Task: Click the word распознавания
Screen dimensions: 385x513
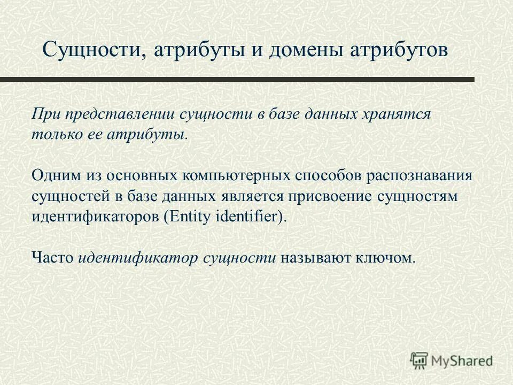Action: [x=422, y=175]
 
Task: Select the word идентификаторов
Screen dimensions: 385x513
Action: [x=96, y=217]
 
